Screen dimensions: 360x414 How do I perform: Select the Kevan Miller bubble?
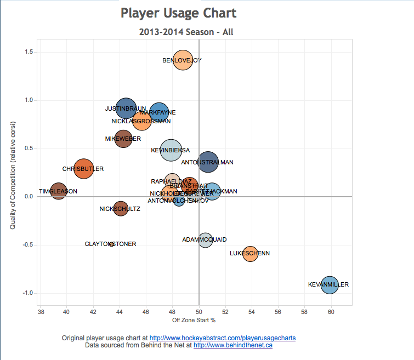(x=329, y=284)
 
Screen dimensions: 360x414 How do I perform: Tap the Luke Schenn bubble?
(x=250, y=253)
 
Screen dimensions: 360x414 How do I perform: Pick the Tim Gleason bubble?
(x=58, y=191)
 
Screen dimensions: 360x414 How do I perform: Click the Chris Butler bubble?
(x=83, y=169)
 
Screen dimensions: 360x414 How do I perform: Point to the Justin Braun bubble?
(x=126, y=108)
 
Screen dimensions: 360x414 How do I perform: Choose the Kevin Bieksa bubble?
(x=171, y=150)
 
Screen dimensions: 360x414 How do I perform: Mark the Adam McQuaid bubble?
(x=205, y=240)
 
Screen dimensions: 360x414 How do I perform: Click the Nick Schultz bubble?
(x=121, y=209)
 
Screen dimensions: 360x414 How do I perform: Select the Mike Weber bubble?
(x=123, y=139)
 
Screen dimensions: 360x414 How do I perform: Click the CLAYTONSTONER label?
(x=110, y=244)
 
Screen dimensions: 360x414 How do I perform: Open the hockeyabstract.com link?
(x=223, y=338)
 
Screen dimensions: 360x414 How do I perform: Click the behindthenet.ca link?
(x=233, y=345)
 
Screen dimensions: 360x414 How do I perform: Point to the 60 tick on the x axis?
(x=331, y=312)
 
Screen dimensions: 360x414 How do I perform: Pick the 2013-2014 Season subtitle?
(x=186, y=32)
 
